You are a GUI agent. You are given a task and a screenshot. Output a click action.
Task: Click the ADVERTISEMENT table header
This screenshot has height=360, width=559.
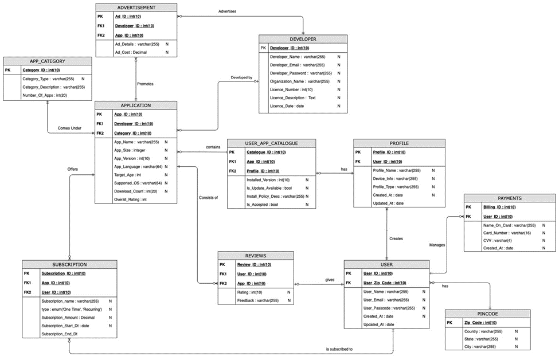(x=136, y=7)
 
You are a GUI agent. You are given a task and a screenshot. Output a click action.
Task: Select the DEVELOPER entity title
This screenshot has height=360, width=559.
(x=303, y=39)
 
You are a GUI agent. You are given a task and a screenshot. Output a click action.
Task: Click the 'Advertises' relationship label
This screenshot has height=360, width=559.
(x=227, y=11)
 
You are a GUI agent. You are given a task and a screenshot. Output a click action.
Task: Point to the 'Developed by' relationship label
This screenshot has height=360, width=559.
(x=241, y=77)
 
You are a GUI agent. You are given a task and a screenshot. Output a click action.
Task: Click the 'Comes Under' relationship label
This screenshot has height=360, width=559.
(x=69, y=128)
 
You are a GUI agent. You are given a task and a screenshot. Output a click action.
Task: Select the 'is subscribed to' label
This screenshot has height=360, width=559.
(x=339, y=349)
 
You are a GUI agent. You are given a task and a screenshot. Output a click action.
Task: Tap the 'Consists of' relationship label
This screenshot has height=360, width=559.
(x=208, y=197)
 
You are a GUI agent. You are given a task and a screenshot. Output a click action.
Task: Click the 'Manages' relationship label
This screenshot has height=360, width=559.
(x=437, y=245)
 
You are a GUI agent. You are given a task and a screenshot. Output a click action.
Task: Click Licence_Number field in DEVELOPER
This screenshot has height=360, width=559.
(x=291, y=89)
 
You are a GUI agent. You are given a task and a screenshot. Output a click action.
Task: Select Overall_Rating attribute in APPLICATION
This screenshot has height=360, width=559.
(x=131, y=199)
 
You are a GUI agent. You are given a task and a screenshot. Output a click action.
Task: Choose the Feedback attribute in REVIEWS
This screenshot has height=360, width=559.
(x=258, y=300)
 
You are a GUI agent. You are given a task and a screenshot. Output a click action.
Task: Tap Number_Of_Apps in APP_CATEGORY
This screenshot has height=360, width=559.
(x=45, y=95)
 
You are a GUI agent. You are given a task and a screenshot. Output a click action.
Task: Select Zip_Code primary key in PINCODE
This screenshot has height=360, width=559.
(x=480, y=323)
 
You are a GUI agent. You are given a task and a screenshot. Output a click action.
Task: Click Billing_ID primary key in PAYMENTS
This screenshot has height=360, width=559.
(x=499, y=207)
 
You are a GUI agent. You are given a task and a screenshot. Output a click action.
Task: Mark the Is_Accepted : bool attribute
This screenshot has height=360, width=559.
(x=262, y=204)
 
